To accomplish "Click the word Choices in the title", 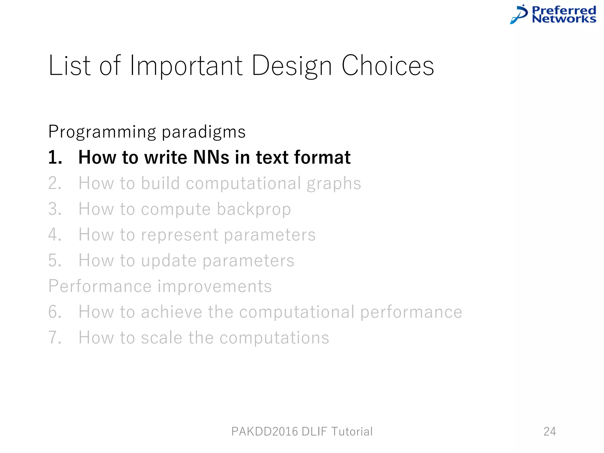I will tap(388, 65).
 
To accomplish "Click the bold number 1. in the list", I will tap(55, 157).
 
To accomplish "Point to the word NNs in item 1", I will tap(211, 157).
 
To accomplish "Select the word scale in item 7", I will tap(162, 338).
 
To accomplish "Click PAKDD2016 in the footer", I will tap(264, 431).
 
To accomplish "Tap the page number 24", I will tap(550, 431).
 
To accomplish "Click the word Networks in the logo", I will tap(564, 19).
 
